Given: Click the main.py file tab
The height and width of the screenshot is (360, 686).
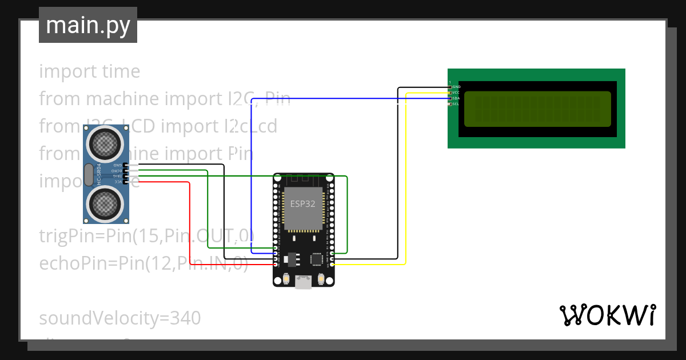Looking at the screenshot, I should (87, 25).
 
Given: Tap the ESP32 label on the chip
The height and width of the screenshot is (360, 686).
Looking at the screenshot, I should (303, 204).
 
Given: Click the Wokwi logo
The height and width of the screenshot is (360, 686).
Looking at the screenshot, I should (607, 315).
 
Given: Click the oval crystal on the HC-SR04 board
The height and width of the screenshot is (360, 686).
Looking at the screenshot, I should (88, 175).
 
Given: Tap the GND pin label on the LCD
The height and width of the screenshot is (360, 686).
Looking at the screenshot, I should (456, 87).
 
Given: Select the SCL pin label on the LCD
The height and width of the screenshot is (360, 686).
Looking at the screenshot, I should (456, 104).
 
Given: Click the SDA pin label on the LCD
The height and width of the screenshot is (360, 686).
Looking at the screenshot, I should (456, 98).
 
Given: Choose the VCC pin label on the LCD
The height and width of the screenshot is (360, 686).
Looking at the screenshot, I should (456, 93).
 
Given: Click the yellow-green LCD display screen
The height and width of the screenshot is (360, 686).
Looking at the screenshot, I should (537, 109).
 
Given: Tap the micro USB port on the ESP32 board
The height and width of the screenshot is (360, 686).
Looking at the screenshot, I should (303, 282).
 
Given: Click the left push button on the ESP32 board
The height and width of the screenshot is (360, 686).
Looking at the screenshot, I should (285, 279).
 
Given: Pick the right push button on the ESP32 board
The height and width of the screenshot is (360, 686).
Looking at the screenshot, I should (321, 279).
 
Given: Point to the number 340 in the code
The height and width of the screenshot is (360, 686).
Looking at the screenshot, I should (177, 318).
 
